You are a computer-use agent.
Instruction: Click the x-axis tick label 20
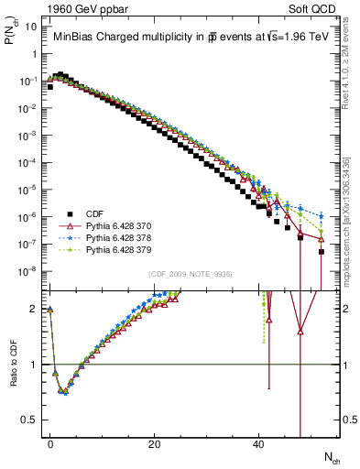[x=155, y=443]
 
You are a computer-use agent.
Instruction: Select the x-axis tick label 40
[x=258, y=443]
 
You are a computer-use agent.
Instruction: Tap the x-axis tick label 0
[x=50, y=443]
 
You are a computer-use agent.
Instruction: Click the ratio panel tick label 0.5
[x=29, y=420]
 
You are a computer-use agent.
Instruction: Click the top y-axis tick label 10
[x=29, y=27]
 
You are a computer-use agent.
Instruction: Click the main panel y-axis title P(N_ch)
[x=12, y=37]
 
